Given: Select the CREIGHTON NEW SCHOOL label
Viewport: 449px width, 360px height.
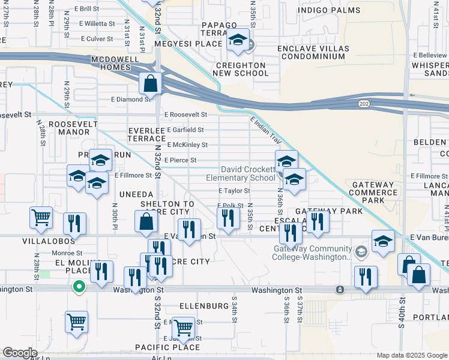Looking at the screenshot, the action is coord(241,69).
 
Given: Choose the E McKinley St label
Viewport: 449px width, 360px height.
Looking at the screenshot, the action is coord(187,145).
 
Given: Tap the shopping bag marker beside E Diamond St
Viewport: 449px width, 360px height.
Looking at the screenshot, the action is coord(151,83).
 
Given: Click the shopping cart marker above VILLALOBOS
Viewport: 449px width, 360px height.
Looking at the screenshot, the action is coord(41,217).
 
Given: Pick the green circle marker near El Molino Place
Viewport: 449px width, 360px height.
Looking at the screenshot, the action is coord(78,287).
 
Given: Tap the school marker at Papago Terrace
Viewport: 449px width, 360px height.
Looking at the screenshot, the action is coord(238,40).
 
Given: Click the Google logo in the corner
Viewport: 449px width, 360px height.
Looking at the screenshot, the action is coord(20,353).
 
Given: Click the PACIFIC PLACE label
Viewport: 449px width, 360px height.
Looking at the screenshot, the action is coord(167,347).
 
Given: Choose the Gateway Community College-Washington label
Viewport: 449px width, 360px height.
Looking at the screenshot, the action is coord(312,253).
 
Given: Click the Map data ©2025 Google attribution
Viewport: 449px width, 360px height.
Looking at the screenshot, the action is coord(412,355).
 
